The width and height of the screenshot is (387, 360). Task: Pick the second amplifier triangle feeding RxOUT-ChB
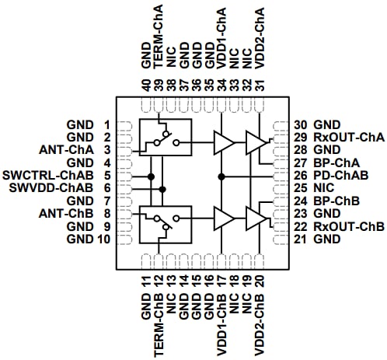[x=256, y=218]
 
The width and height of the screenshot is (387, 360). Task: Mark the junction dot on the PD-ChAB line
[x=221, y=177]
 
